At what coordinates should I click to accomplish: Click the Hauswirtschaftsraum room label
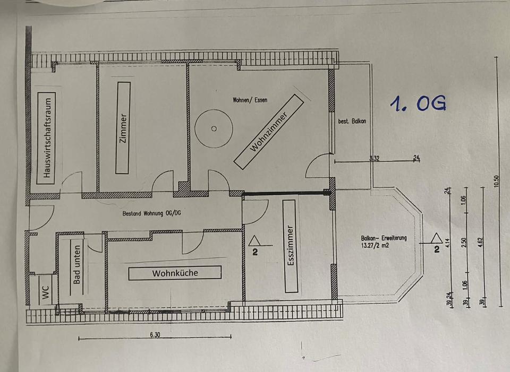click(x=48, y=137)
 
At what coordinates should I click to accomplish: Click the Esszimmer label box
click(x=290, y=246)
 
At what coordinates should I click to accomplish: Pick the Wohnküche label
click(x=175, y=273)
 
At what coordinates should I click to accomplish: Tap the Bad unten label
click(x=78, y=264)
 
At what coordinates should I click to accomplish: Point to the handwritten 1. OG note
click(x=417, y=103)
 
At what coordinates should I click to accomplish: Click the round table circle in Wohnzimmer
click(x=214, y=128)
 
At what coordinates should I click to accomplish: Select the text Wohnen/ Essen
click(x=250, y=100)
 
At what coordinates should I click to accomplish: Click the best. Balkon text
click(x=352, y=121)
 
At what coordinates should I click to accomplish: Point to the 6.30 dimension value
click(x=155, y=335)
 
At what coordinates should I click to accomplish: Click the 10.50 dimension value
click(x=496, y=181)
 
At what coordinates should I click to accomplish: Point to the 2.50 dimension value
click(x=464, y=242)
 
